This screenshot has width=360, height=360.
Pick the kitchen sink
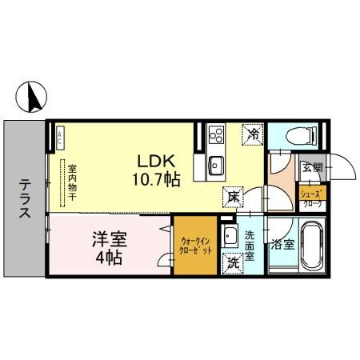point(216,166)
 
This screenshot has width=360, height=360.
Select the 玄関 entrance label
point(311,169)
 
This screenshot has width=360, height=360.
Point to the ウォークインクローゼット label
point(195,245)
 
